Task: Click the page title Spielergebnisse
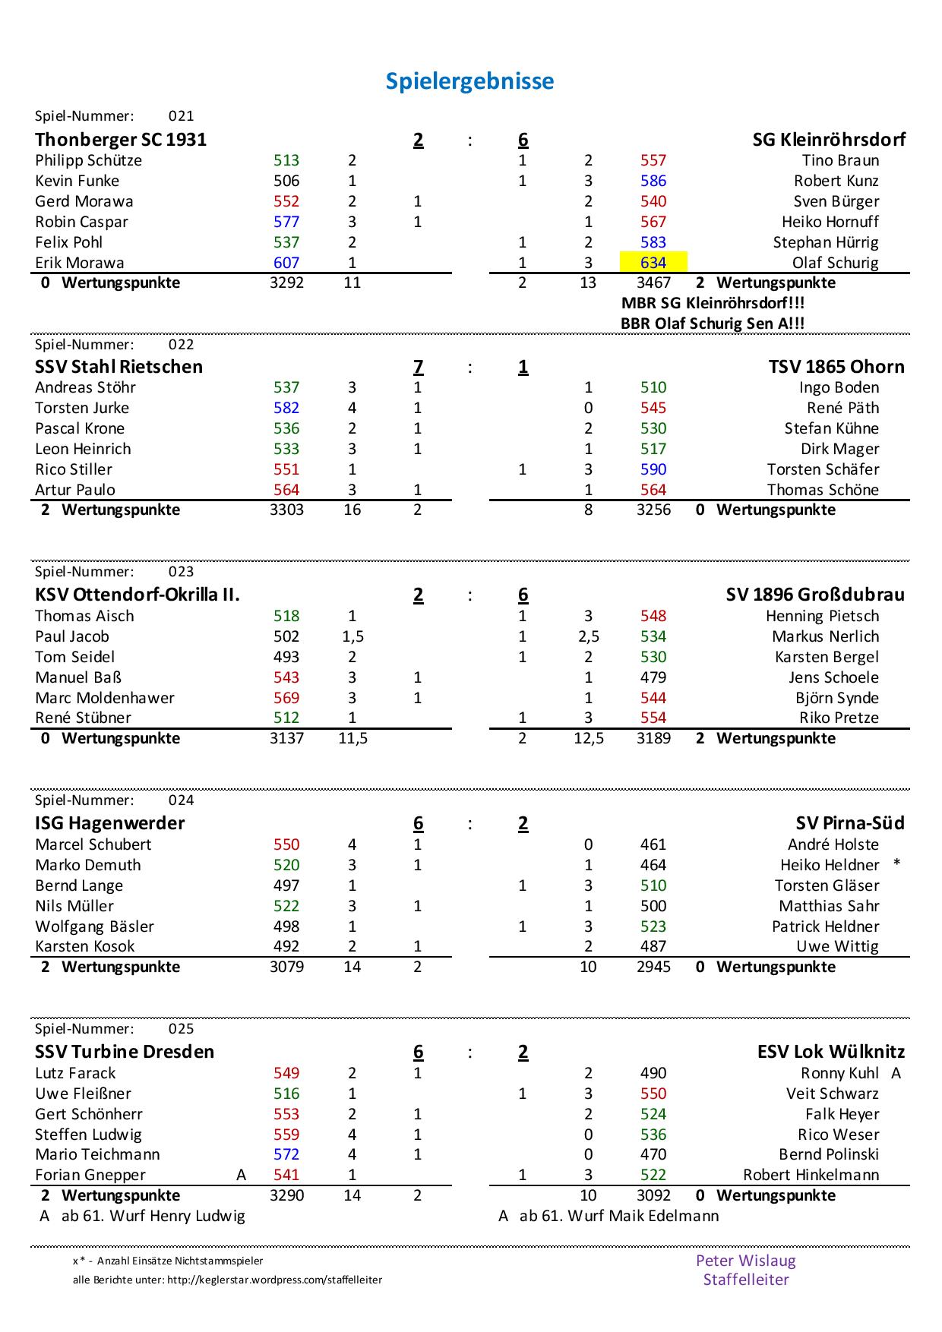(x=469, y=81)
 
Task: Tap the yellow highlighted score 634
(x=653, y=263)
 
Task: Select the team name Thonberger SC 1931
(x=121, y=140)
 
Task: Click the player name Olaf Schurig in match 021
(x=835, y=263)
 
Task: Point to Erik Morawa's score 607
(x=286, y=263)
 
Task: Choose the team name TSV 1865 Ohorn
(x=836, y=367)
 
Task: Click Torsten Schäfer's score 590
(x=653, y=469)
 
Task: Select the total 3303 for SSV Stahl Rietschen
(x=286, y=510)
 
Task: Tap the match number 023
(x=181, y=572)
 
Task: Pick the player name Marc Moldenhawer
(x=105, y=698)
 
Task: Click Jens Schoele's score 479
(x=653, y=677)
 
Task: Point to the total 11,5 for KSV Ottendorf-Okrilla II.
(x=352, y=738)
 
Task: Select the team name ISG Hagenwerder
(x=110, y=823)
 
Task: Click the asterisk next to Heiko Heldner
(x=897, y=864)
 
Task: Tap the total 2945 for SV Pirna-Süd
(x=653, y=967)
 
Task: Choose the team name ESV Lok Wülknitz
(x=831, y=1052)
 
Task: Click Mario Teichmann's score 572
(x=286, y=1154)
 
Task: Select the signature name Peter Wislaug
(x=745, y=1261)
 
